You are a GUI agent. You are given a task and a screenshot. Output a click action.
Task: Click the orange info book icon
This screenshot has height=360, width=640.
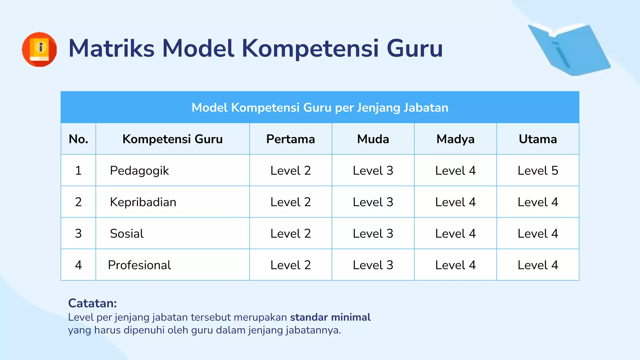coord(39,49)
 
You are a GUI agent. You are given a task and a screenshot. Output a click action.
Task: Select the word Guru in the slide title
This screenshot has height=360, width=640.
coord(415,48)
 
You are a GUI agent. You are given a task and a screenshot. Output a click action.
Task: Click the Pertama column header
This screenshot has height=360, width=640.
coord(290,139)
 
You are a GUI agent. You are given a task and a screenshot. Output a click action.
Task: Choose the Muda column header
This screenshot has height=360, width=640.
coord(373,139)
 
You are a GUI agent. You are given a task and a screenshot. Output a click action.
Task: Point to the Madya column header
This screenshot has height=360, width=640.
coord(455,139)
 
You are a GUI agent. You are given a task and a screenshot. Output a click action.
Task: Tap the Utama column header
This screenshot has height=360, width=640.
coord(538,139)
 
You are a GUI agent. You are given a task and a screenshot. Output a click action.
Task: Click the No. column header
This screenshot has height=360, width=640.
coord(78,139)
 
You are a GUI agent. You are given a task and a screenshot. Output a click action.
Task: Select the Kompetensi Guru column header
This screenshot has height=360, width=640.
coord(172,139)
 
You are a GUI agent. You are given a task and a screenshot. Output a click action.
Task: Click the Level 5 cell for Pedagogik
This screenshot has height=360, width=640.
coord(538,171)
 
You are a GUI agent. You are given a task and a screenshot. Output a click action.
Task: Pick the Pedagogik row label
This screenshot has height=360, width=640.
coord(139,171)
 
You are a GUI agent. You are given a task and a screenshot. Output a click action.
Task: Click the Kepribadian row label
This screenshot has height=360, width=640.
coord(143,202)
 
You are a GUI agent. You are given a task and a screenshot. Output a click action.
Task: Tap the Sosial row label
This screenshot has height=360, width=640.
coord(127,234)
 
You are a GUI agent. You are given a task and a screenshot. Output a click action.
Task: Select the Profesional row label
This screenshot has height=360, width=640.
coord(139,265)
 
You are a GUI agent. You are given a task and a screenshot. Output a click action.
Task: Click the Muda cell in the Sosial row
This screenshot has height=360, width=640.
coord(373,234)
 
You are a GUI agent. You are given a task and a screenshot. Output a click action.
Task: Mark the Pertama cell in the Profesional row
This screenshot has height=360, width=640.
coord(290,265)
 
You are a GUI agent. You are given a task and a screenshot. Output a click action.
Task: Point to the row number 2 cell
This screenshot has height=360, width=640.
coord(78,202)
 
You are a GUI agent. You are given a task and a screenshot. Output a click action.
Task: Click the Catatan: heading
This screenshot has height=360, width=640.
coord(92,303)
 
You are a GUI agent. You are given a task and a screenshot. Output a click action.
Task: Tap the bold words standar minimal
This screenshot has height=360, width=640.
coord(330,317)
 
